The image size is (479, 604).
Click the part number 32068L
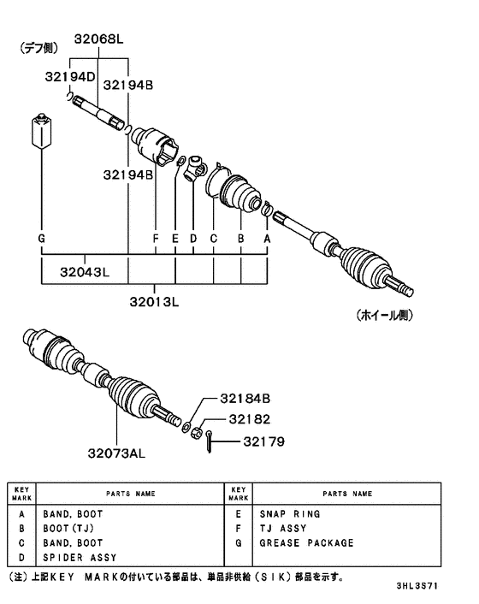pos(98,38)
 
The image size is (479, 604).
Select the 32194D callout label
pos(72,78)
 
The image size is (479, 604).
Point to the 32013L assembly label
pos(156,301)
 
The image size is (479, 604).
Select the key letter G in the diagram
pos(41,239)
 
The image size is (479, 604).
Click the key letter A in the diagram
pos(267,239)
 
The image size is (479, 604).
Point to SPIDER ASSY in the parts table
pos(80,557)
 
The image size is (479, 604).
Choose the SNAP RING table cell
pos(289,514)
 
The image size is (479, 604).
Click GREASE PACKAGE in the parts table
pos(305,542)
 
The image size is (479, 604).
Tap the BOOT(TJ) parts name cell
pos(73,529)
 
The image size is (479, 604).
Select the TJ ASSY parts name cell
pos(282,529)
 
